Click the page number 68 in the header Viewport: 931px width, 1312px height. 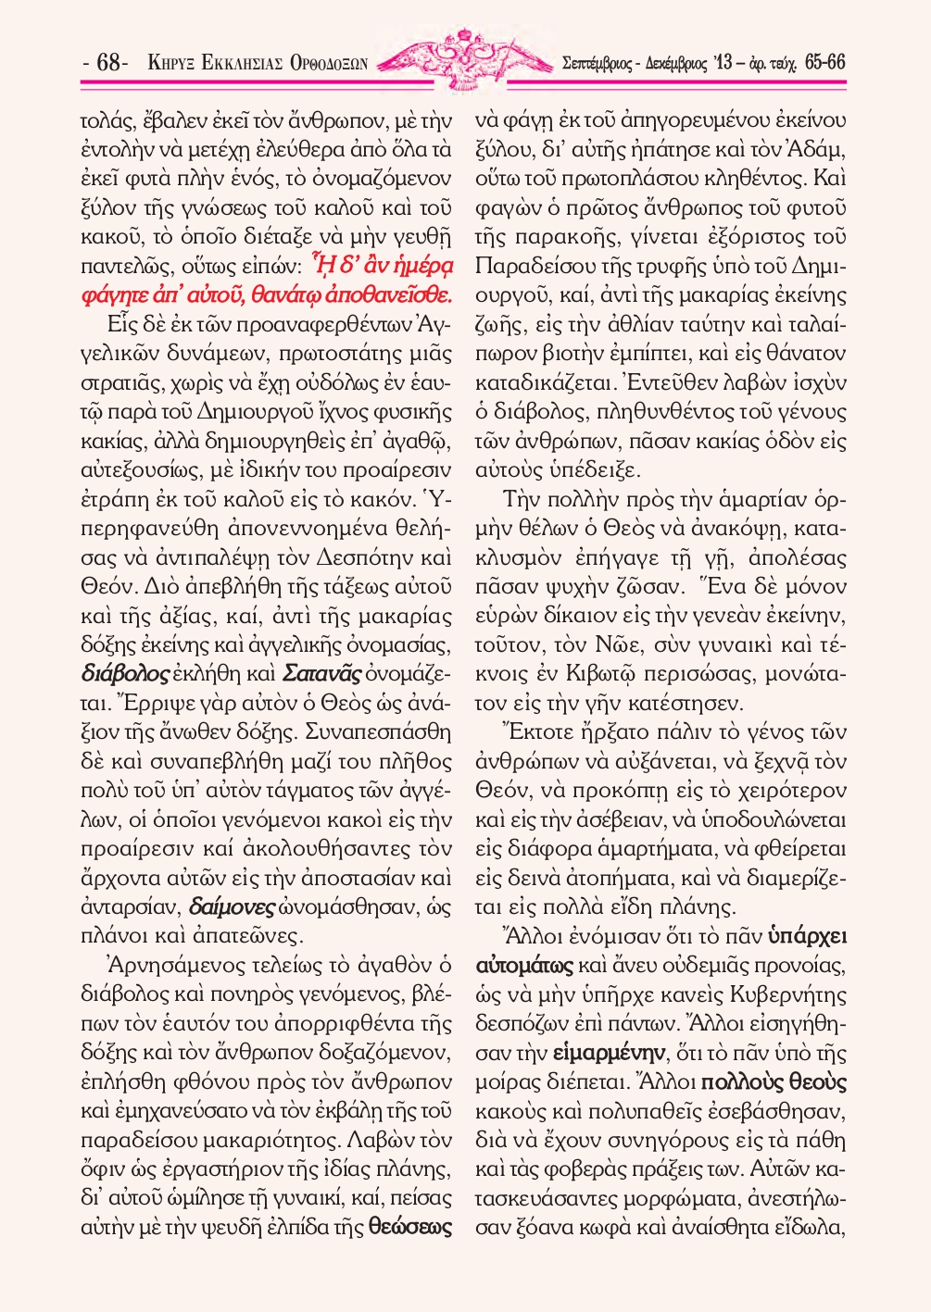point(109,63)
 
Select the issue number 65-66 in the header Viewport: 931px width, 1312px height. point(824,62)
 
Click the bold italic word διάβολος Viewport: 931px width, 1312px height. point(125,673)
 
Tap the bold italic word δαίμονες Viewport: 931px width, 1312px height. point(232,906)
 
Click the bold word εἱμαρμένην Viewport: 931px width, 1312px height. point(609,1053)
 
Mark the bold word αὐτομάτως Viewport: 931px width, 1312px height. point(524,966)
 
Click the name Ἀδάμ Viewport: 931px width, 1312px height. point(818,150)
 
